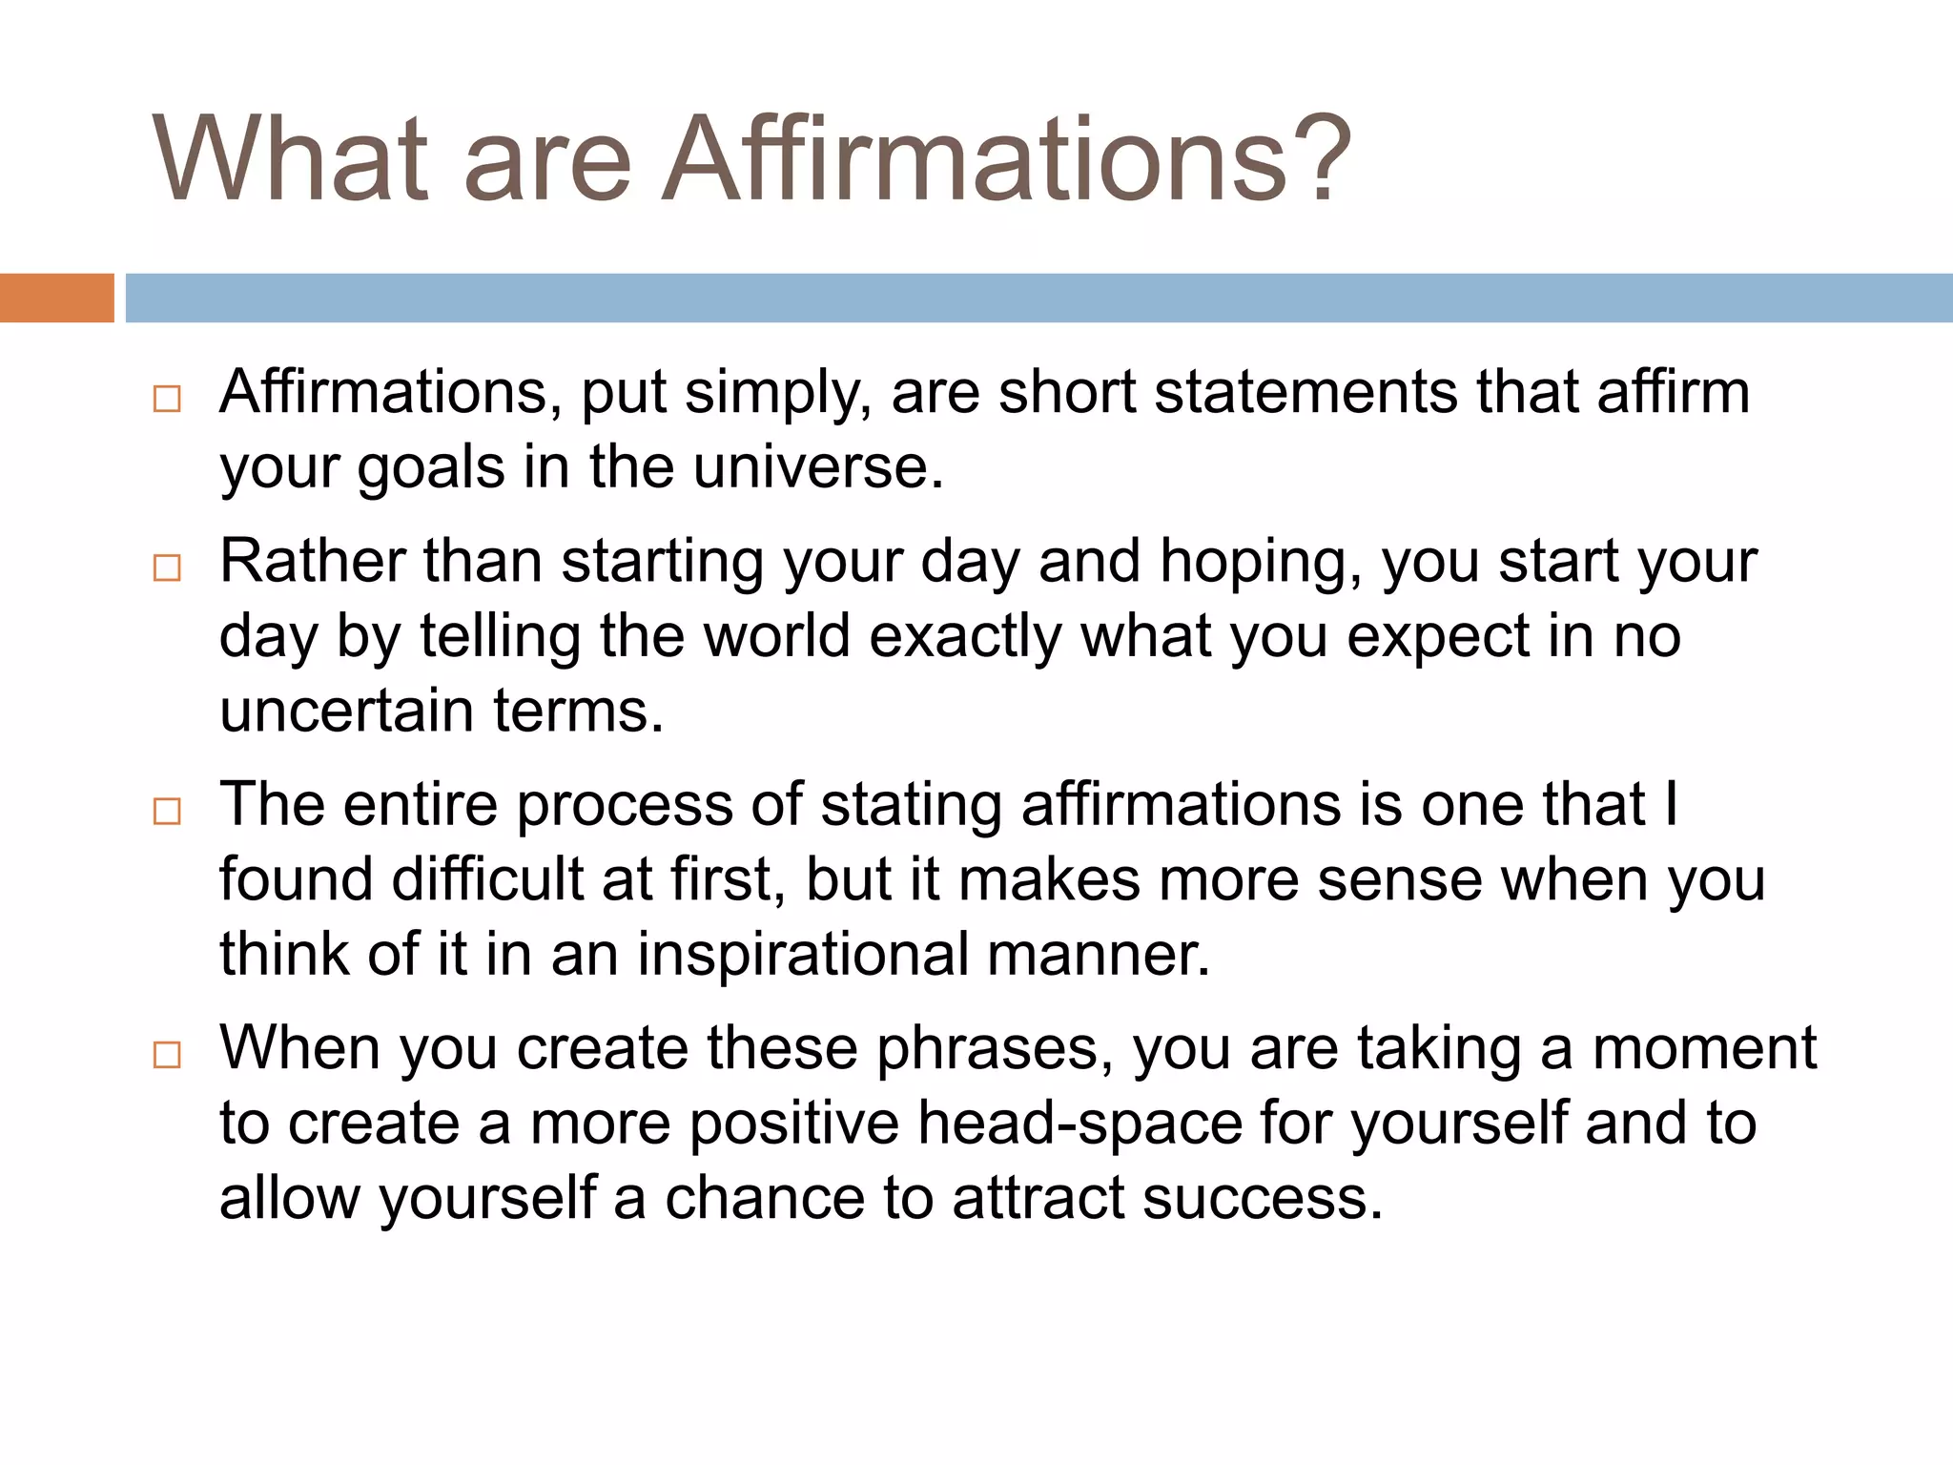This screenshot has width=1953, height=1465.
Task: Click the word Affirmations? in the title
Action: [1006, 160]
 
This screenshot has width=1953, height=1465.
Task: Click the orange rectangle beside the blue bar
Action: [56, 298]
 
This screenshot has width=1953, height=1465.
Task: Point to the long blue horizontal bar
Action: [1038, 298]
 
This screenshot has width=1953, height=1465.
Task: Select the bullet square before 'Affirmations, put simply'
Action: [167, 399]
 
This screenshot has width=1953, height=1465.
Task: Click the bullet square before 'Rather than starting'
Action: [167, 568]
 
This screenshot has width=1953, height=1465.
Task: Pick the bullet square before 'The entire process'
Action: [167, 812]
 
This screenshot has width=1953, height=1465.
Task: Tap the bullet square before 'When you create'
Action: [167, 1055]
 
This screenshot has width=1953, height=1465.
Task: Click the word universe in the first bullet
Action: [818, 468]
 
